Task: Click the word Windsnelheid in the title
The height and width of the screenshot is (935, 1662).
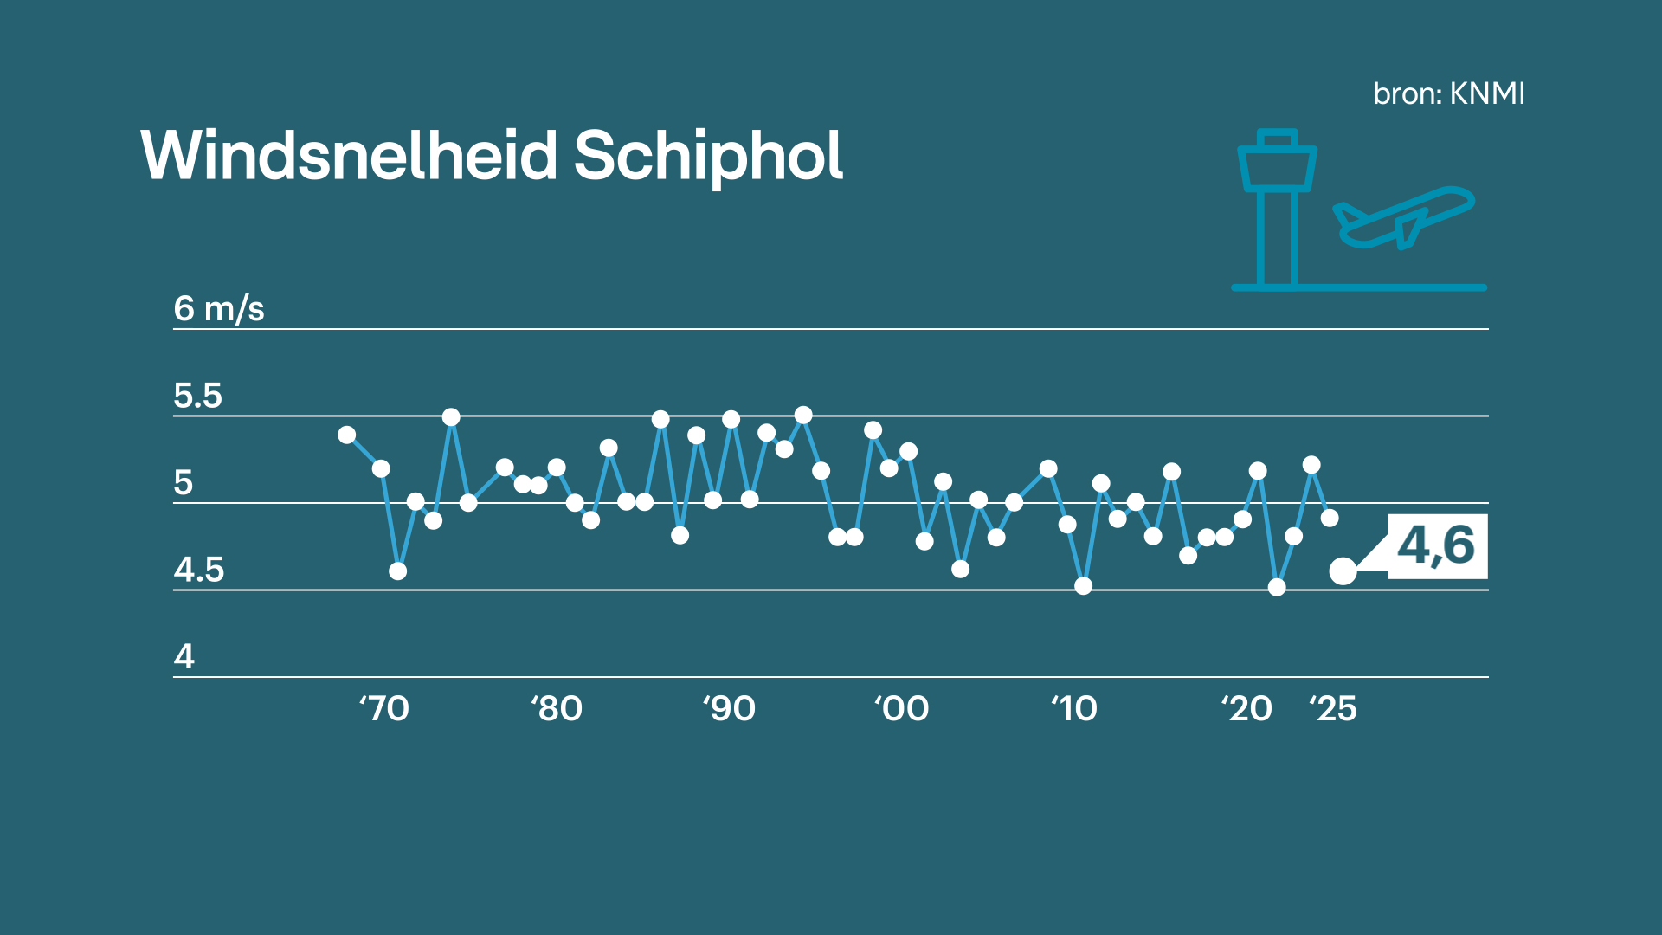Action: point(349,156)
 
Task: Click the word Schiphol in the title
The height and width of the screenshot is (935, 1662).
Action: point(707,158)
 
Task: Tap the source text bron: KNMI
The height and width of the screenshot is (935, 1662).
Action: point(1448,93)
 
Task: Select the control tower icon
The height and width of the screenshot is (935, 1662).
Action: point(1277,208)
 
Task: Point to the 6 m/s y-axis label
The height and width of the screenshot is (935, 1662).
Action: point(218,308)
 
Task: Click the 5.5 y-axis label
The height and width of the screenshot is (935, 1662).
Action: point(197,396)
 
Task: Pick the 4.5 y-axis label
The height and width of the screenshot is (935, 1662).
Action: point(198,570)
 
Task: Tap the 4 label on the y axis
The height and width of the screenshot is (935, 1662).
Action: point(184,656)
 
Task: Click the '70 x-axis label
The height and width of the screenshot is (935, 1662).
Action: point(383,708)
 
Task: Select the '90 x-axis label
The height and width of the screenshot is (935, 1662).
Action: point(729,708)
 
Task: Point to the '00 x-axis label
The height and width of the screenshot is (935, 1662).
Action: point(901,708)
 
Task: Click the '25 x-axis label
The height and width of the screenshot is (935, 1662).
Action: point(1333,708)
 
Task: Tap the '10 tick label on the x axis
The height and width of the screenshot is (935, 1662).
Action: point(1074,708)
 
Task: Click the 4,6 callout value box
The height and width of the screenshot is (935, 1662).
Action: point(1437,546)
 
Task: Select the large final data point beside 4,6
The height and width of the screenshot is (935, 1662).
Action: point(1343,571)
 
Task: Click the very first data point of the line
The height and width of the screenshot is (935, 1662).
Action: point(347,435)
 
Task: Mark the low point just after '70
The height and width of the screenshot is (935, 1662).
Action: point(397,571)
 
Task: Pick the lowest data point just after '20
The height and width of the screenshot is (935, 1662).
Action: point(1277,587)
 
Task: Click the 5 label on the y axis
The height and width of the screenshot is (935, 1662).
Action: point(183,482)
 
